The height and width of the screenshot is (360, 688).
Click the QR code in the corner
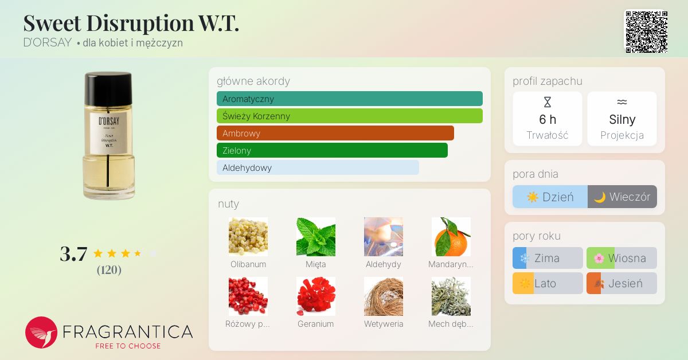tap(647, 32)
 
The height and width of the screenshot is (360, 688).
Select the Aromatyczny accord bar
tap(350, 99)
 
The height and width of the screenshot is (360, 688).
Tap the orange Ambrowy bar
tap(335, 133)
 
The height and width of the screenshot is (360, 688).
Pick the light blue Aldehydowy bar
tap(318, 167)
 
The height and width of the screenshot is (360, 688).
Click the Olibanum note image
tap(248, 237)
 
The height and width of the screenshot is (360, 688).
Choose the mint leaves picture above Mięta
tap(316, 237)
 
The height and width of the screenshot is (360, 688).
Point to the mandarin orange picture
tap(451, 237)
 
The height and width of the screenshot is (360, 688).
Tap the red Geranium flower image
tap(316, 296)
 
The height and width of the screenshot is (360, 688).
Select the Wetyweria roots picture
tap(384, 296)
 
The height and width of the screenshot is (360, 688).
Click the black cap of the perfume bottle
tap(108, 88)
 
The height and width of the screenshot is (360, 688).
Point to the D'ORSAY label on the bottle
tap(109, 133)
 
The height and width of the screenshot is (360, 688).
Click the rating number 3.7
tap(74, 254)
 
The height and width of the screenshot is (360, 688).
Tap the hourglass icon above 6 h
tap(548, 102)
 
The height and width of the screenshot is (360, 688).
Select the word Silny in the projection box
tap(622, 119)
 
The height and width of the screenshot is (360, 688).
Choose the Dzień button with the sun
tap(550, 197)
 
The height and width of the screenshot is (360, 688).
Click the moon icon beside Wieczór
tap(600, 197)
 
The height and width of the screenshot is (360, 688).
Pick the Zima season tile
tap(548, 258)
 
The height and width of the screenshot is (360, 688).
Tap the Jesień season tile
tap(621, 283)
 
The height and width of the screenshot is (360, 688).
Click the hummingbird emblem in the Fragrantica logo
tap(41, 332)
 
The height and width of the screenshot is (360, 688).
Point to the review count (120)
tap(109, 270)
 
